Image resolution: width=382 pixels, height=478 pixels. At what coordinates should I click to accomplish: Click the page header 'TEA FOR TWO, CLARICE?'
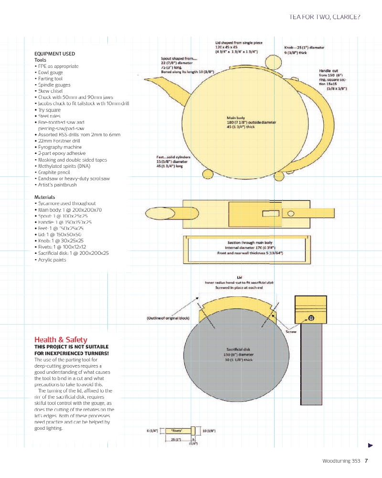click(325, 17)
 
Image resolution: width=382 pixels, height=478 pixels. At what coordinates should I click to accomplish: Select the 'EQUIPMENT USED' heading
click(54, 54)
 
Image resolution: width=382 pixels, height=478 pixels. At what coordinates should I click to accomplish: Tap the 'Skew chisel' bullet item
click(50, 91)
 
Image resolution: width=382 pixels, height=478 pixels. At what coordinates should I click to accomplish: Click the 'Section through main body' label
click(250, 242)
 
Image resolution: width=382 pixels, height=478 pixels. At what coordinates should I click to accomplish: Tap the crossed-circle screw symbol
click(311, 317)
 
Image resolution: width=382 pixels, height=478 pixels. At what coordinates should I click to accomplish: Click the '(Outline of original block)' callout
click(168, 318)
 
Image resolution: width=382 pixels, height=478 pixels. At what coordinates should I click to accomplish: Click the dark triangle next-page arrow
click(370, 445)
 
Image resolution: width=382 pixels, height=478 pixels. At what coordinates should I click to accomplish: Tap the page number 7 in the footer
click(366, 461)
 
